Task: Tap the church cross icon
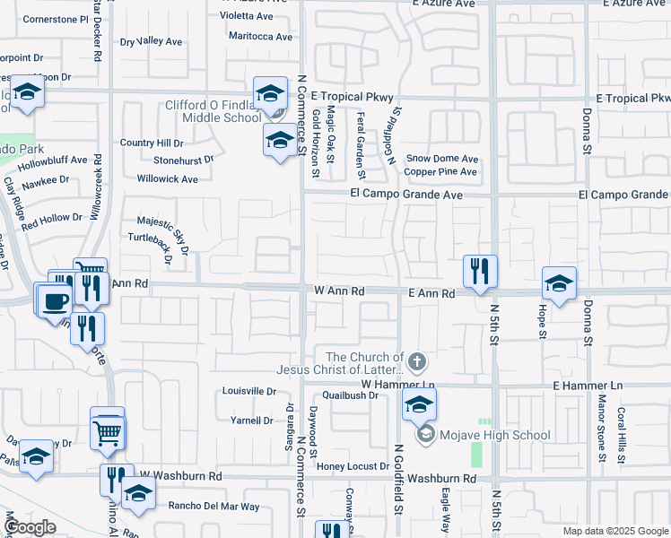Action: coord(416,362)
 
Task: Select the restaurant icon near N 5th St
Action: coord(480,271)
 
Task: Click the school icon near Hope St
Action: coord(559,285)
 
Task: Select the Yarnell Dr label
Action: coord(251,420)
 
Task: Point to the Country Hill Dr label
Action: coord(152,143)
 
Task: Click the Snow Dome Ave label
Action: coord(441,159)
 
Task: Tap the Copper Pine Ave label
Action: coord(440,171)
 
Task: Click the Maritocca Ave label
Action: coord(260,37)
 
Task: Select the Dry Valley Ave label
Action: coord(151,41)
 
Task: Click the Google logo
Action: coord(30,528)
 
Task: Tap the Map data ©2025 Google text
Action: coord(614,531)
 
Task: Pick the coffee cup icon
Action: coord(53,299)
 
